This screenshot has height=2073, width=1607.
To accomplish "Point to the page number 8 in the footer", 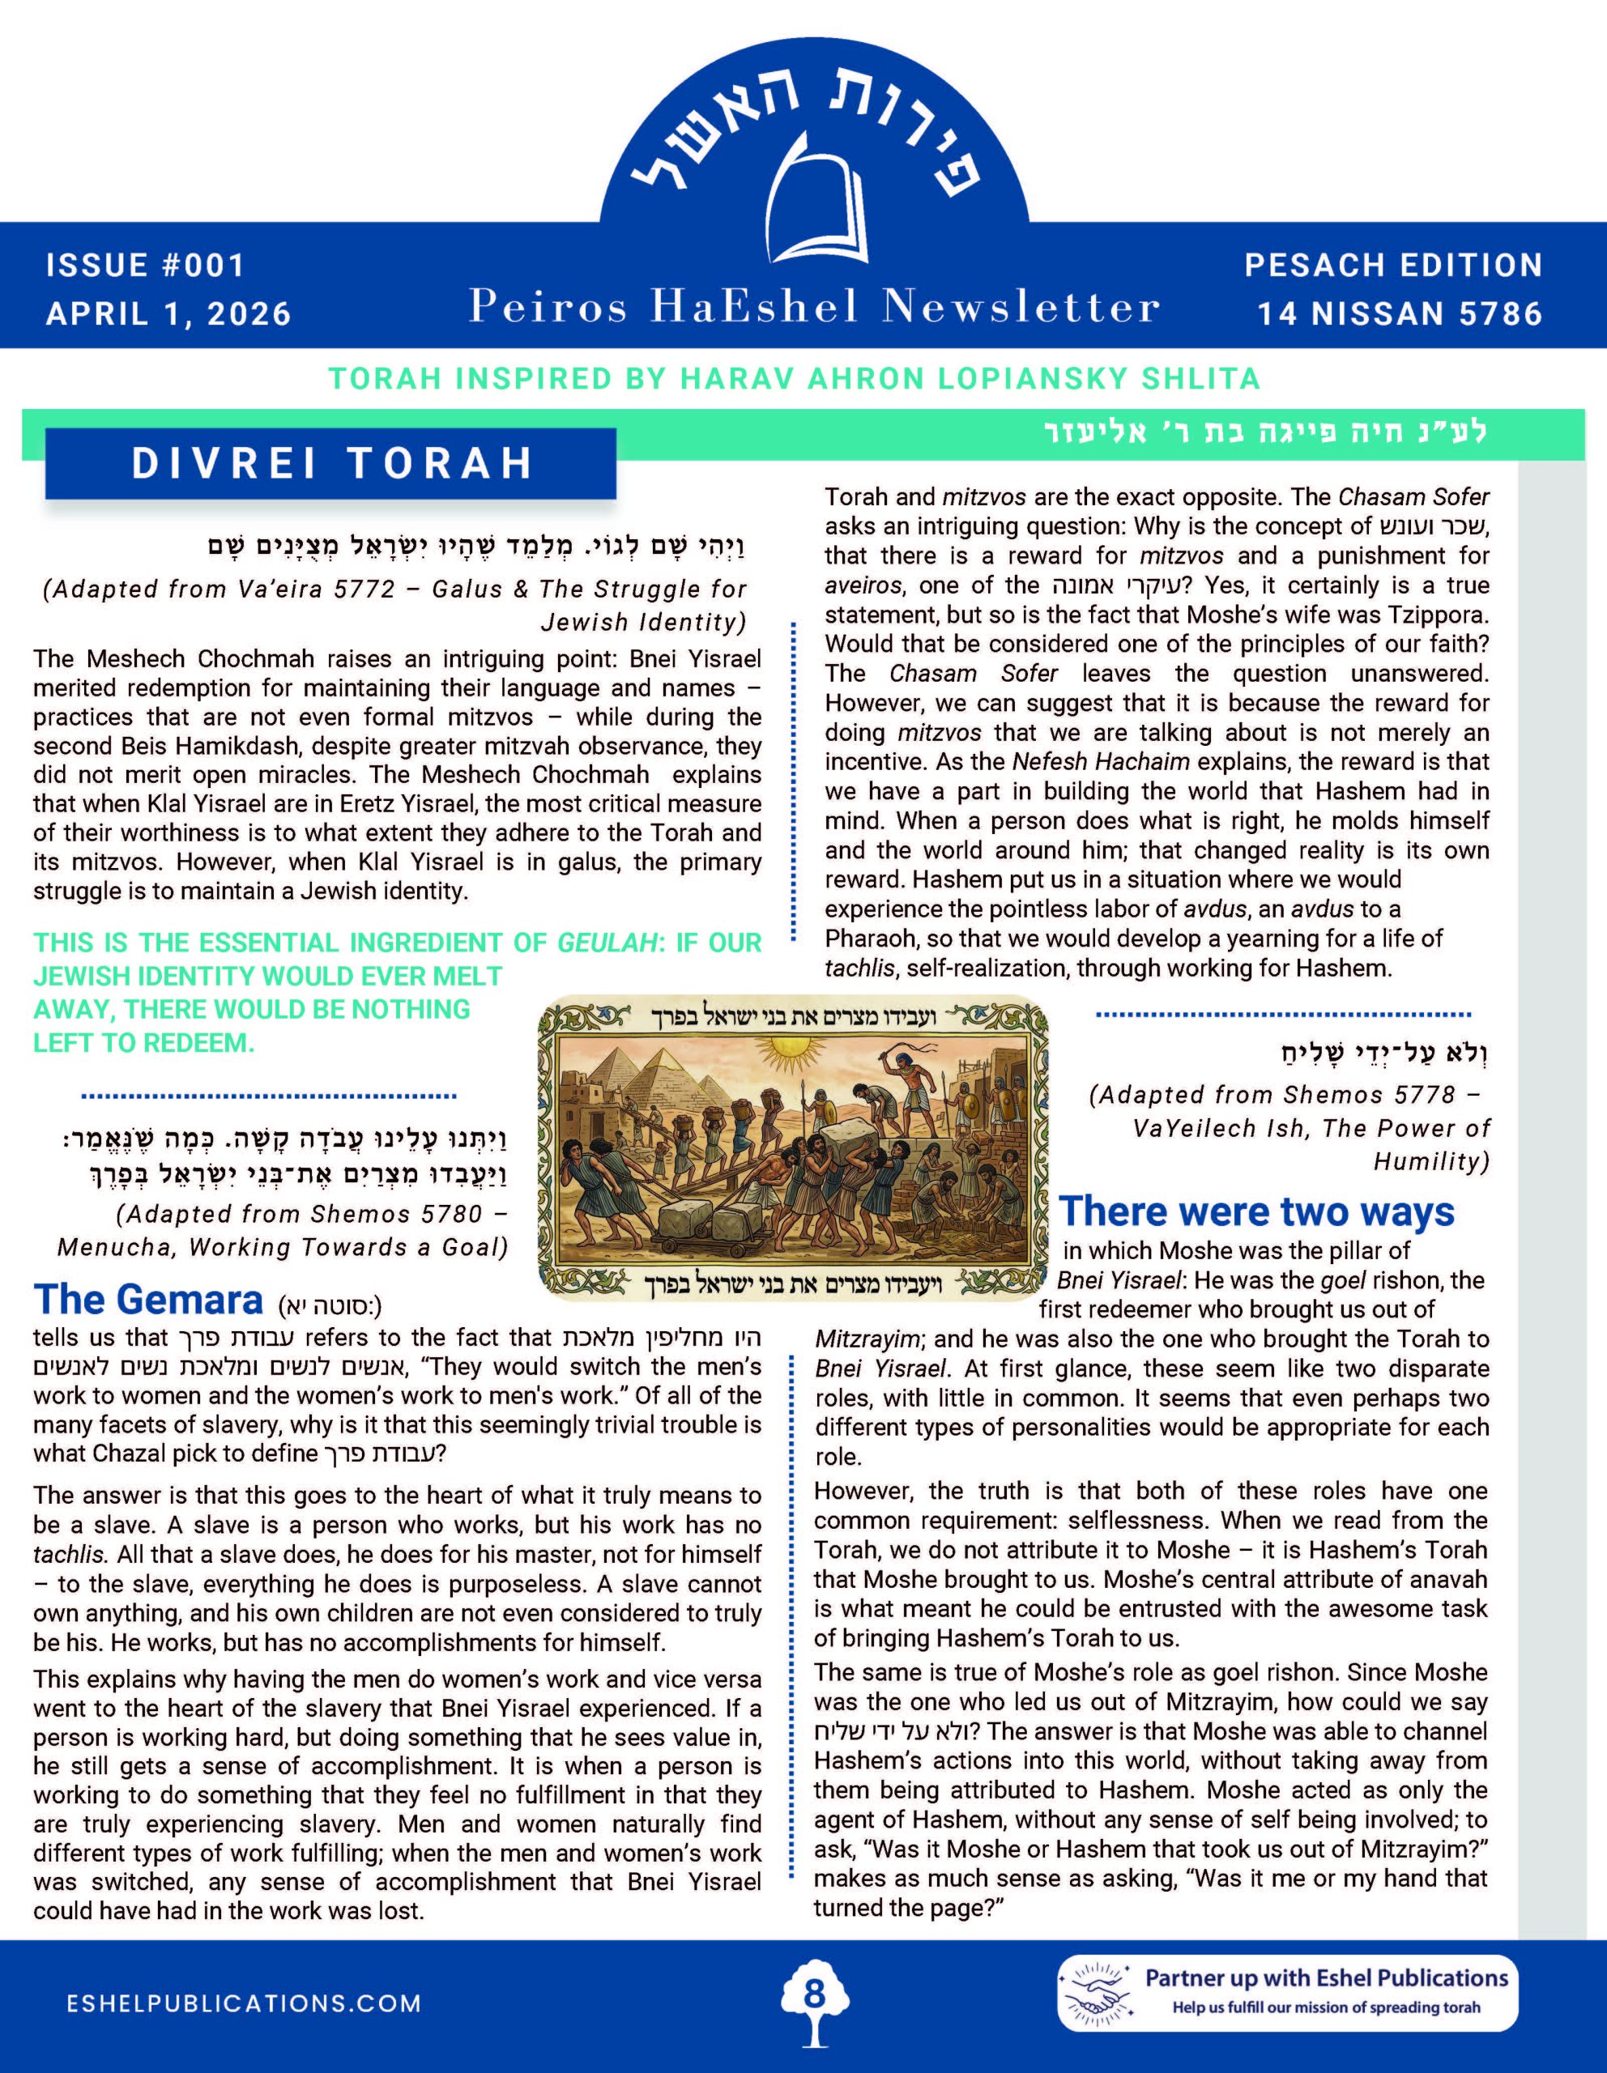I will [x=813, y=1994].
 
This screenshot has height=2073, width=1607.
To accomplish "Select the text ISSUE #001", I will [x=145, y=265].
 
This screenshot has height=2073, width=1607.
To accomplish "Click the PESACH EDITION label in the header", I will [x=1393, y=265].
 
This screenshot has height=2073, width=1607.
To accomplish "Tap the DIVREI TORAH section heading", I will [x=331, y=463].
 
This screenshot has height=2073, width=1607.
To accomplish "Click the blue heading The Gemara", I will [x=148, y=1300].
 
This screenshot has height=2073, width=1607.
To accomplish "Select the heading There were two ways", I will [x=1255, y=1212].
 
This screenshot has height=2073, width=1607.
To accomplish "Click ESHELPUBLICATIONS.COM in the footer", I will [x=244, y=2003].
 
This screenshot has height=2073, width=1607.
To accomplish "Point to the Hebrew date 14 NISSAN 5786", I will [x=1400, y=313].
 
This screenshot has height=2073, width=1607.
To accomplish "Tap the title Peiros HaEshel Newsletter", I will [x=813, y=307].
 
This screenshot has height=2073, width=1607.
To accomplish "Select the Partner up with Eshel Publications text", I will [x=1326, y=1978].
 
